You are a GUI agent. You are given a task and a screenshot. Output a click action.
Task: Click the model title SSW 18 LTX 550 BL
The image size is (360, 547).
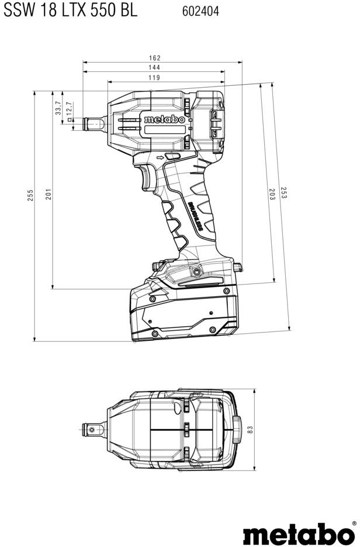[70, 11]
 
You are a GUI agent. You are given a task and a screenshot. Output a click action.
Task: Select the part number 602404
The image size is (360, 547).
[202, 11]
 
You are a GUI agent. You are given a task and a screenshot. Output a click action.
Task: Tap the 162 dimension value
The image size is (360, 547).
[154, 58]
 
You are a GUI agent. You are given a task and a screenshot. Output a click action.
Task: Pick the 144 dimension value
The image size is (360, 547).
[154, 68]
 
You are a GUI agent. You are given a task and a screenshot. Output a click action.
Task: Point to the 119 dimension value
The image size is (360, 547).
[154, 78]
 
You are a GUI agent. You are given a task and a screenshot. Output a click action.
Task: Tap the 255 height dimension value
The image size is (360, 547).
[30, 196]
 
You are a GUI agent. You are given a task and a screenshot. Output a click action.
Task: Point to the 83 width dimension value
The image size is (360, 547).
[250, 428]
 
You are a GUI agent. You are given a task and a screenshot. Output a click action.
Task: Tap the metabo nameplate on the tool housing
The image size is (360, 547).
[164, 119]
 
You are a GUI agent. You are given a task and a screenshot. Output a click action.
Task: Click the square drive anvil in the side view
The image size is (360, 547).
[94, 123]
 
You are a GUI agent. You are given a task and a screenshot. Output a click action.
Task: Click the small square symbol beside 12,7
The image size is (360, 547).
[70, 119]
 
